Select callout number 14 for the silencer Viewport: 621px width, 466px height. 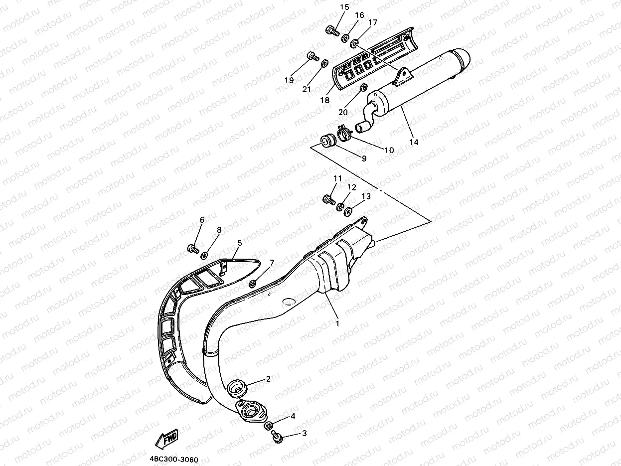(414, 142)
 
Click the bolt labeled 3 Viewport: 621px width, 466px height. (278, 437)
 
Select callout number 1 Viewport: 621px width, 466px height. (337, 323)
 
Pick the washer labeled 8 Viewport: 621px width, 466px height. (203, 256)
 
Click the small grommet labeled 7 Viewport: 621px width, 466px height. (252, 284)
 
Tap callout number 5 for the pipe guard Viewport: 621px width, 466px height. (240, 243)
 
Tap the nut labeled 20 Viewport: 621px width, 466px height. (362, 89)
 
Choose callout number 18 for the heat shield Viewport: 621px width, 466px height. (325, 100)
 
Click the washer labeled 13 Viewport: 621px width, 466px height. (348, 210)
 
